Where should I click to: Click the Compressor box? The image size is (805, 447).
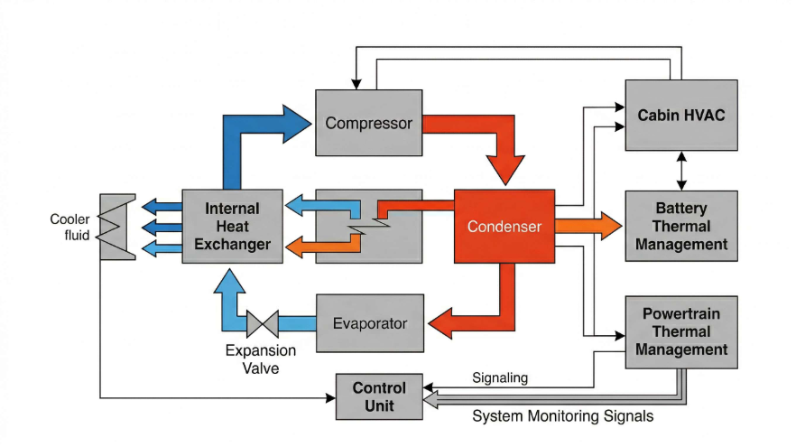[368, 122]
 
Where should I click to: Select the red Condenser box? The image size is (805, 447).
[504, 227]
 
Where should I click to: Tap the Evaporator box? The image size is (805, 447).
[369, 323]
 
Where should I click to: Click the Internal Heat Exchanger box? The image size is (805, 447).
[232, 227]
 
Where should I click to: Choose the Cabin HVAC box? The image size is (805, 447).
[681, 115]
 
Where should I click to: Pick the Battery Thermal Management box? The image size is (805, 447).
[681, 226]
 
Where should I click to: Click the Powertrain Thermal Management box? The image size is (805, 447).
[681, 331]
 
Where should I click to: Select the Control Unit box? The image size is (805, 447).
[379, 396]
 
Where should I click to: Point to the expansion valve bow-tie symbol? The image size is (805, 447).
[264, 323]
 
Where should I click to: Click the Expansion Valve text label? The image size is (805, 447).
[260, 359]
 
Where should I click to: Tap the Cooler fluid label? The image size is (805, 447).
[69, 228]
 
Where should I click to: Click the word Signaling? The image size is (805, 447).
[500, 377]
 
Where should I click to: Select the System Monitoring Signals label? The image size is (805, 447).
[563, 416]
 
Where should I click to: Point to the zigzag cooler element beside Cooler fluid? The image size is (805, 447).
[118, 227]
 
